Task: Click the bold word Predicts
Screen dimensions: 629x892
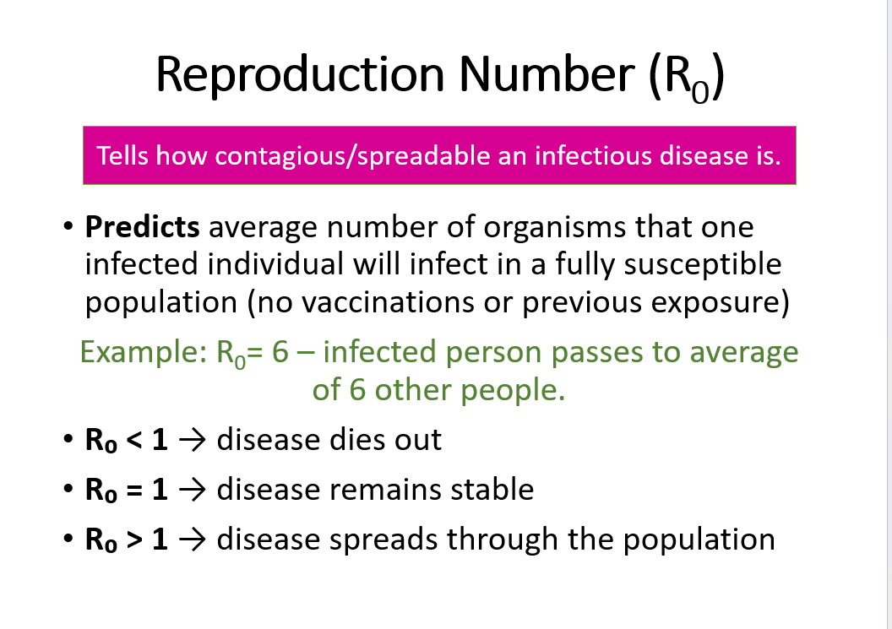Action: pos(143,228)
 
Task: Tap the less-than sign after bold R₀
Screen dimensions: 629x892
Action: pos(133,440)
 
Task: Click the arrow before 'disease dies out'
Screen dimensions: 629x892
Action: pos(192,440)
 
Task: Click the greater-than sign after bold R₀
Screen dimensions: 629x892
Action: pos(133,540)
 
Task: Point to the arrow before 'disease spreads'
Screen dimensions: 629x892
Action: pos(192,540)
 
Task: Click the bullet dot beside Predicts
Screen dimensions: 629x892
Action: pos(67,229)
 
